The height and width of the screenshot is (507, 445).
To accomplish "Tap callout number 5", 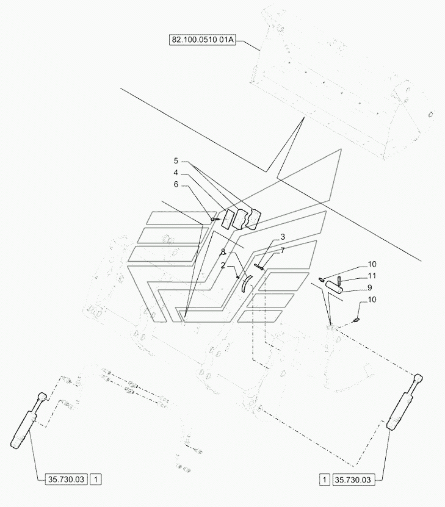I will point(176,161).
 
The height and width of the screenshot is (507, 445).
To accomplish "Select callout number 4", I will point(176,173).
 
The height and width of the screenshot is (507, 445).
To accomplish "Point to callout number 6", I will point(176,184).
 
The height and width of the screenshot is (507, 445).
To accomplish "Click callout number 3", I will point(283,236).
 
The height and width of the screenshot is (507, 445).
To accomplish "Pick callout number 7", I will point(283,251).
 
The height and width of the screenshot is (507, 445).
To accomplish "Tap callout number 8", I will point(223,252).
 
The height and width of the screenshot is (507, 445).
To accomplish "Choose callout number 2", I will point(223,266).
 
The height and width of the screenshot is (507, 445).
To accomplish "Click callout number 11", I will point(372,276).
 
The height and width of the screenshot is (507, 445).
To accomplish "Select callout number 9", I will point(371,288).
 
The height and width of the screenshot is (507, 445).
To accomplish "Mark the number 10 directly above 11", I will point(372,264).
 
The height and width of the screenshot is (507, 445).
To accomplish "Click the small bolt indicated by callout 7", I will point(262,264).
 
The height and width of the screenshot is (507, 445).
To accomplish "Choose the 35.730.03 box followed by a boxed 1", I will point(65,480).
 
